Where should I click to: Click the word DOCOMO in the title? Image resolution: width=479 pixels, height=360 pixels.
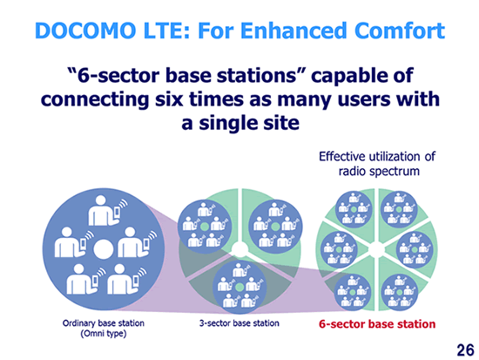(85, 31)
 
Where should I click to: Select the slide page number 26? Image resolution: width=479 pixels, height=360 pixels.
(466, 350)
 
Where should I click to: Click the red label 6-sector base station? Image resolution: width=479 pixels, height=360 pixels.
(377, 324)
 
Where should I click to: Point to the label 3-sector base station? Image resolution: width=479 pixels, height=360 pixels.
(239, 323)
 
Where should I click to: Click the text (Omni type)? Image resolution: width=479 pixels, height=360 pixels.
(104, 333)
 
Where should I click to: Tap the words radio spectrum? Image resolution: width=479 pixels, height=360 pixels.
(379, 171)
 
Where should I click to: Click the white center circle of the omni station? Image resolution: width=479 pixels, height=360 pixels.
(104, 249)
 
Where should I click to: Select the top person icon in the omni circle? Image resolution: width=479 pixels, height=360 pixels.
(104, 211)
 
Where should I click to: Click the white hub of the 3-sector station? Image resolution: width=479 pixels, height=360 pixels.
(239, 249)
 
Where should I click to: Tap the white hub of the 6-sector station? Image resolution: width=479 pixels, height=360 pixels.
(376, 250)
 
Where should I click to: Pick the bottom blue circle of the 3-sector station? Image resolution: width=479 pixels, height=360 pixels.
(239, 287)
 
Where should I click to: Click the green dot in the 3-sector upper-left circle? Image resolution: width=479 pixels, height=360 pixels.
(205, 227)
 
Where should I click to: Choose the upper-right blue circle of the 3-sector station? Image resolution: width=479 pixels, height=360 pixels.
(275, 227)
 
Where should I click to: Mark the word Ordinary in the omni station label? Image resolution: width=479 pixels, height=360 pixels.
(78, 323)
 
